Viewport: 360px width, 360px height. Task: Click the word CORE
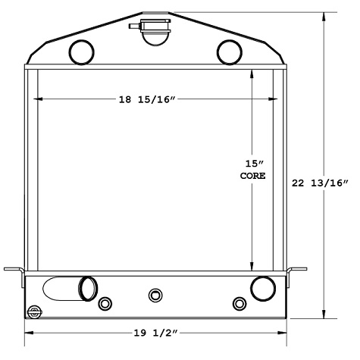[253, 176]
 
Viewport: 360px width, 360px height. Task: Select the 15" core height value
[253, 162]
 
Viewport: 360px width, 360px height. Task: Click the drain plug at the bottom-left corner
[33, 311]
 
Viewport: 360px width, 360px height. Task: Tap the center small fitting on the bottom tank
[156, 294]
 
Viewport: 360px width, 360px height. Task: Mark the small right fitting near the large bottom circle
[239, 304]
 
